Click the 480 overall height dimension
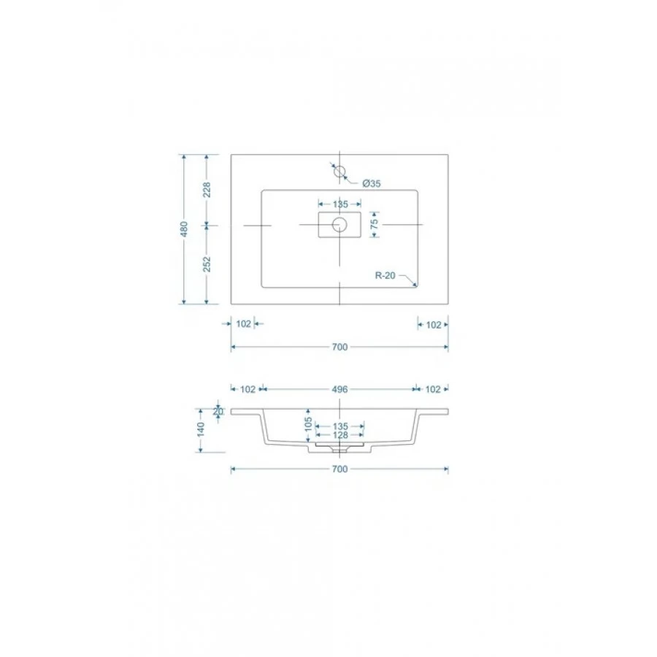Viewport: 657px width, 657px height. pyautogui.click(x=184, y=229)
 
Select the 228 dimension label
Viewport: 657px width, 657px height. pyautogui.click(x=207, y=190)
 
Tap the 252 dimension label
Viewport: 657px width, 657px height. pyautogui.click(x=207, y=264)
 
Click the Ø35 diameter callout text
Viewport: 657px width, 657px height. pyautogui.click(x=372, y=183)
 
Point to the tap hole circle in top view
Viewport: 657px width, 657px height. pyautogui.click(x=339, y=171)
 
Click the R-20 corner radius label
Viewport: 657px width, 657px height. pyautogui.click(x=385, y=276)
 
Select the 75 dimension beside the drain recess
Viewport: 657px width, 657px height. pyautogui.click(x=374, y=224)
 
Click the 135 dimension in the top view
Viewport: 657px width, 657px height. pyautogui.click(x=340, y=204)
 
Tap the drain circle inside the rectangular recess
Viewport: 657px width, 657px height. pyautogui.click(x=339, y=225)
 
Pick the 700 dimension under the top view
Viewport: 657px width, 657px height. pyautogui.click(x=339, y=347)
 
